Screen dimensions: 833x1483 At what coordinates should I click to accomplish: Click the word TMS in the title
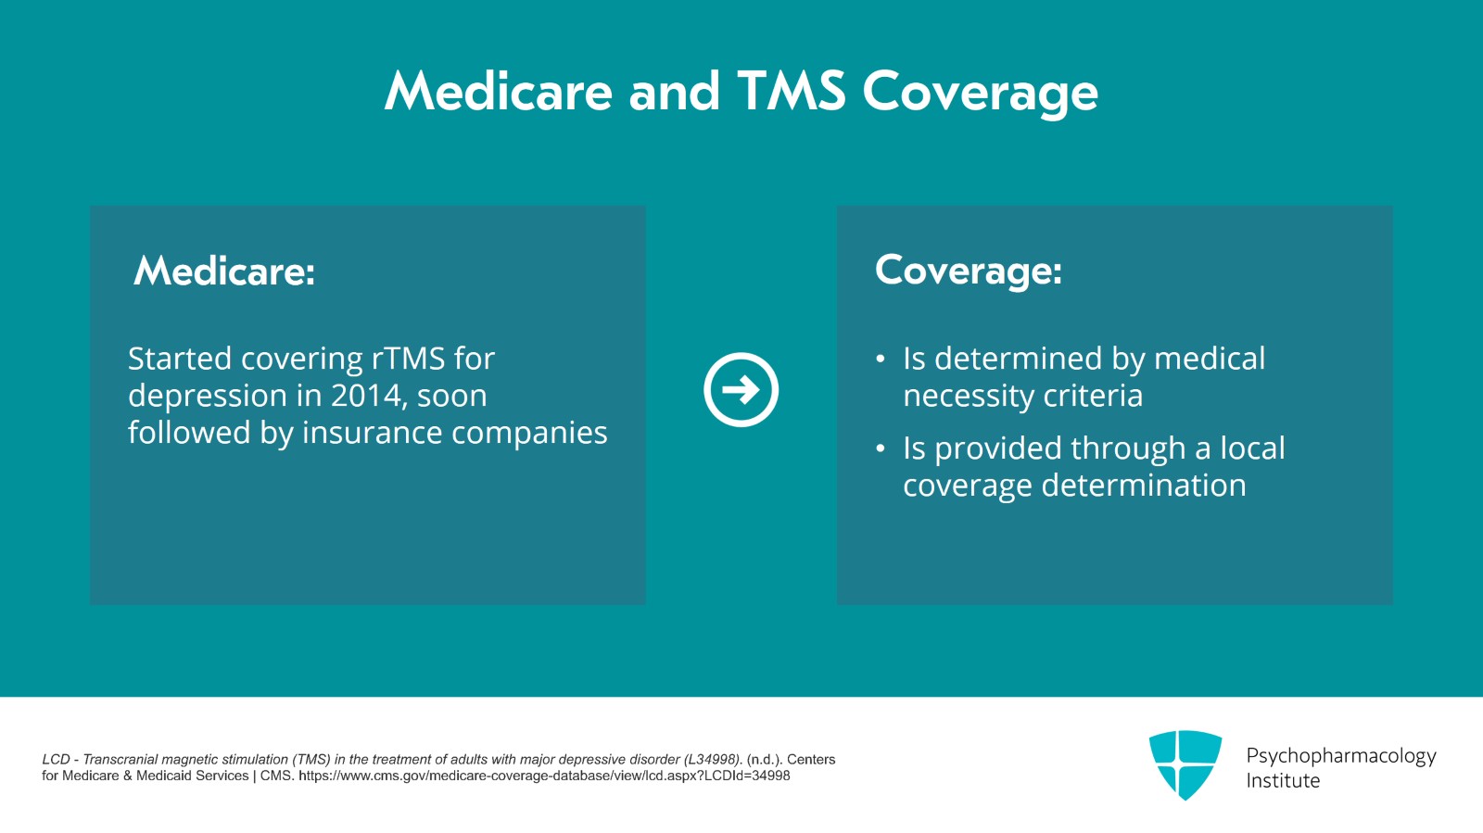[x=791, y=92]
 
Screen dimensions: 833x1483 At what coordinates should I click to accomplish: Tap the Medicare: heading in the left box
[x=224, y=271]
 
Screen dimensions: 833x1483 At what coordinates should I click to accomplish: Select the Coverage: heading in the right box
[x=968, y=271]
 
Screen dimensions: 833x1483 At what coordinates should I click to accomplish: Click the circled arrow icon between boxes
[x=741, y=390]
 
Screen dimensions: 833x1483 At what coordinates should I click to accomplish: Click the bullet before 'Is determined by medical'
[x=881, y=360]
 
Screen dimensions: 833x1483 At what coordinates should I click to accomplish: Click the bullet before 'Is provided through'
[x=881, y=449]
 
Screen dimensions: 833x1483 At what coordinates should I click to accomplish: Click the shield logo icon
[x=1185, y=764]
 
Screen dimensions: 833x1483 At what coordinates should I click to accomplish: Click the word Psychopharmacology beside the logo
[x=1340, y=756]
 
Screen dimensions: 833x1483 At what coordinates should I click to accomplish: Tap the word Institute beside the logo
[x=1283, y=781]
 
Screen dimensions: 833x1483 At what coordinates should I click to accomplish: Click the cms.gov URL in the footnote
[x=544, y=776]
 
